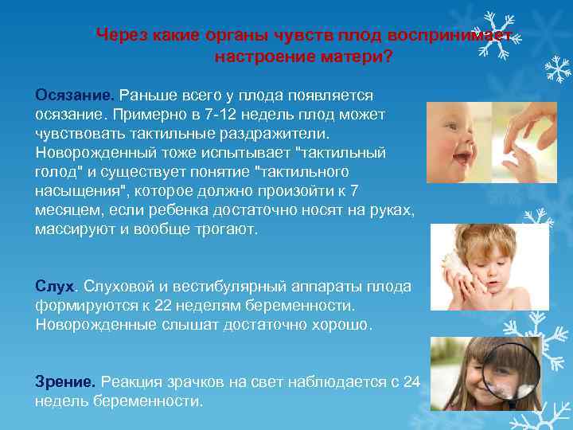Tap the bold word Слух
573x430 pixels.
[54, 285]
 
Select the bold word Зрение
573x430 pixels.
[64, 381]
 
